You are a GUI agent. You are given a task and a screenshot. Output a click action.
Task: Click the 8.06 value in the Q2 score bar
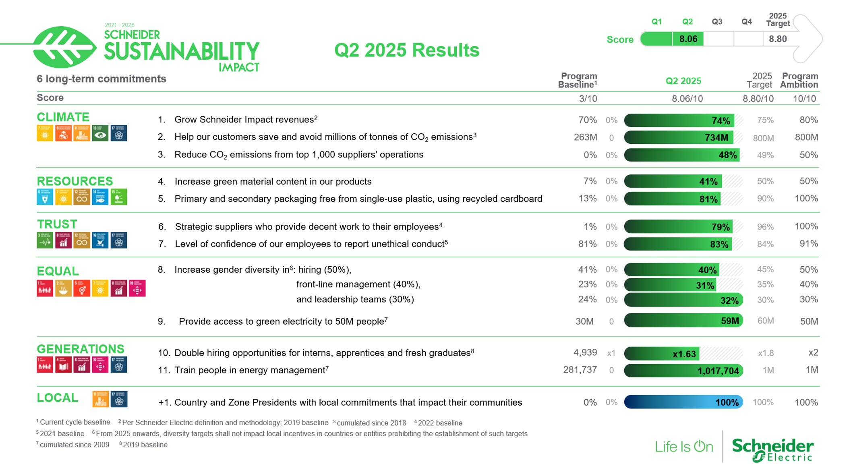[x=688, y=39]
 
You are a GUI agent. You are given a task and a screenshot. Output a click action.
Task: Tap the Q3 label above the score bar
[x=717, y=22]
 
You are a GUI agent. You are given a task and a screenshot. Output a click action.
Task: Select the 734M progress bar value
[x=716, y=138]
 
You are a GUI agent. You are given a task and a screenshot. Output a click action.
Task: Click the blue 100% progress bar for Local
[x=683, y=402]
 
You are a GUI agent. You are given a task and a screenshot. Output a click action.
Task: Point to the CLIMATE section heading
[x=63, y=117]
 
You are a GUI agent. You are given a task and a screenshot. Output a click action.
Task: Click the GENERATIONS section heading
[x=80, y=349]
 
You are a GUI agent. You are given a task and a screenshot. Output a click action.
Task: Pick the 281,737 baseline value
[x=580, y=370]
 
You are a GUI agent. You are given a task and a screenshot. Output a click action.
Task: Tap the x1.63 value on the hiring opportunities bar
[x=684, y=354]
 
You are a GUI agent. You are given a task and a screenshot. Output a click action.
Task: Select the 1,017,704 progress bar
[x=683, y=371]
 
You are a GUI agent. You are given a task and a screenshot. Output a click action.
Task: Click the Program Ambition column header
[x=799, y=80]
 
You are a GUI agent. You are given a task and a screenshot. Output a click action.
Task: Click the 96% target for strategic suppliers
[x=765, y=227]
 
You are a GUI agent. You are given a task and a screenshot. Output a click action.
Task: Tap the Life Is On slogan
[x=683, y=447]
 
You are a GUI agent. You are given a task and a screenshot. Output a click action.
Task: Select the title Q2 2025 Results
[x=407, y=50]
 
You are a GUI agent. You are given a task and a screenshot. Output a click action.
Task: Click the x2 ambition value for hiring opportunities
[x=813, y=352]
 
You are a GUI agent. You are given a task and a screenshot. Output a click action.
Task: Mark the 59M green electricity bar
[x=683, y=321]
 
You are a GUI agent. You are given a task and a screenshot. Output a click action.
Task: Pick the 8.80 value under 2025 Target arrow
[x=777, y=39]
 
